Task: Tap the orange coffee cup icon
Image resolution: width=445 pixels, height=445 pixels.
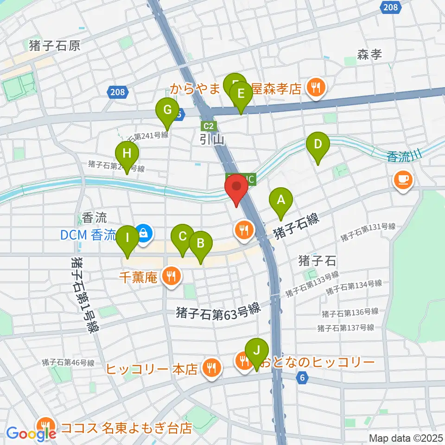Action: pyautogui.click(x=402, y=179)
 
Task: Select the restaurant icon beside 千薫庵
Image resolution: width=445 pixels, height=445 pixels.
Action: pyautogui.click(x=172, y=277)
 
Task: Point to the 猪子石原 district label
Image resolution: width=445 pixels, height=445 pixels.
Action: pyautogui.click(x=55, y=45)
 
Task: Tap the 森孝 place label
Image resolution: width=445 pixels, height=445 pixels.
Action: pyautogui.click(x=369, y=55)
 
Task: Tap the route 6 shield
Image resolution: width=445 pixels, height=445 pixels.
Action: pyautogui.click(x=303, y=377)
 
